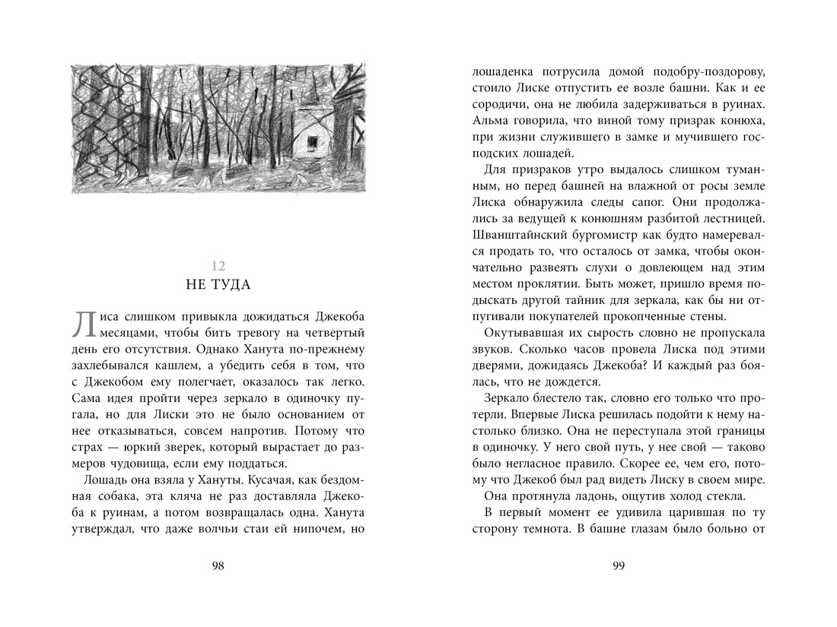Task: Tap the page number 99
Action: pos(619,565)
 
